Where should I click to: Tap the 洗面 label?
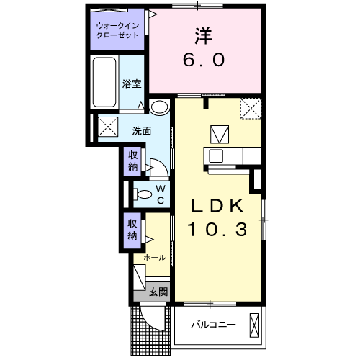coord(141,131)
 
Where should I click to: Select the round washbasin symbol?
coord(160,107)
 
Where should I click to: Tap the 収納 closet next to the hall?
coord(133,230)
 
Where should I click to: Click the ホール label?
coord(155,257)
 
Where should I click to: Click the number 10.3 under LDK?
coord(217,230)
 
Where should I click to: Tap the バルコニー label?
coord(213,325)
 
